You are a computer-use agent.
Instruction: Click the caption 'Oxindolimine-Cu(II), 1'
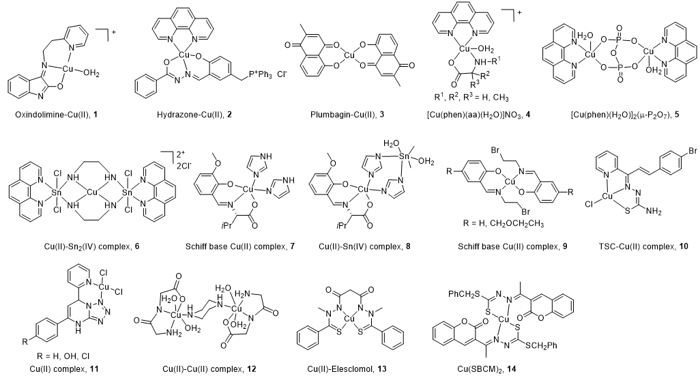[56, 115]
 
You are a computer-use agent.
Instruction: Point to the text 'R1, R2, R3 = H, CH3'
[471, 97]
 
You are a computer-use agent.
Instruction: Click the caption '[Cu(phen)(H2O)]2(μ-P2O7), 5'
[625, 115]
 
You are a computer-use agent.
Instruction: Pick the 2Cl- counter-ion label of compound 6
[631, 166]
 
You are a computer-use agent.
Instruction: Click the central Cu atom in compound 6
[92, 192]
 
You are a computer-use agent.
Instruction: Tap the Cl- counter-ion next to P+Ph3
[282, 74]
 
